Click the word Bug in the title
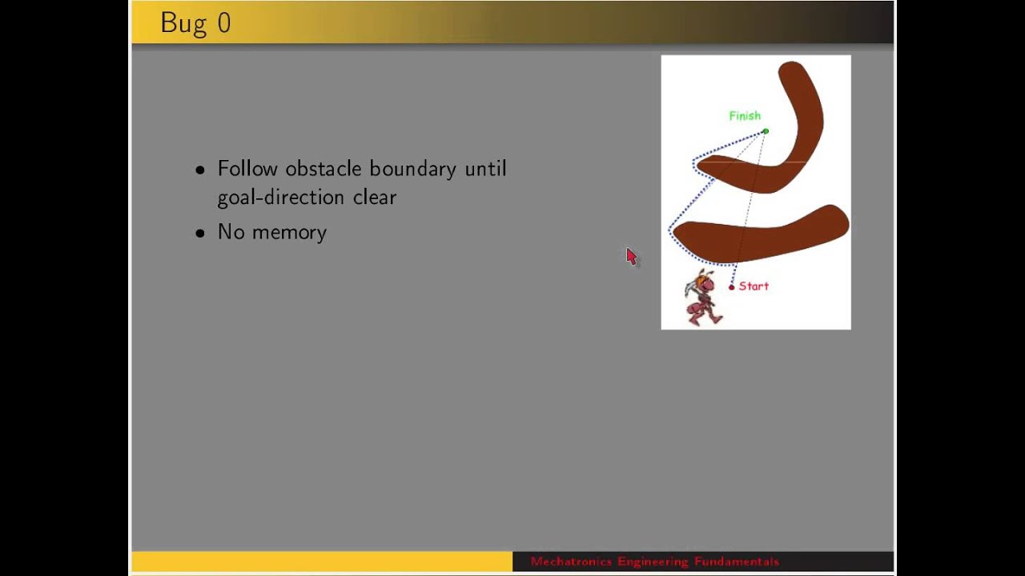[183, 23]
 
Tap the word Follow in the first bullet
[247, 169]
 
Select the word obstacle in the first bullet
[324, 169]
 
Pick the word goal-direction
[281, 198]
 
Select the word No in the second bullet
[231, 232]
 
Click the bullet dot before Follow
[200, 170]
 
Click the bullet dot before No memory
[200, 234]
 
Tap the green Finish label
[744, 116]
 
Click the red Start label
[754, 286]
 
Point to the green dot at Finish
[766, 131]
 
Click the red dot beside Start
[731, 287]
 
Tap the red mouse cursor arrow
[631, 256]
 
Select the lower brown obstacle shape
[761, 234]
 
